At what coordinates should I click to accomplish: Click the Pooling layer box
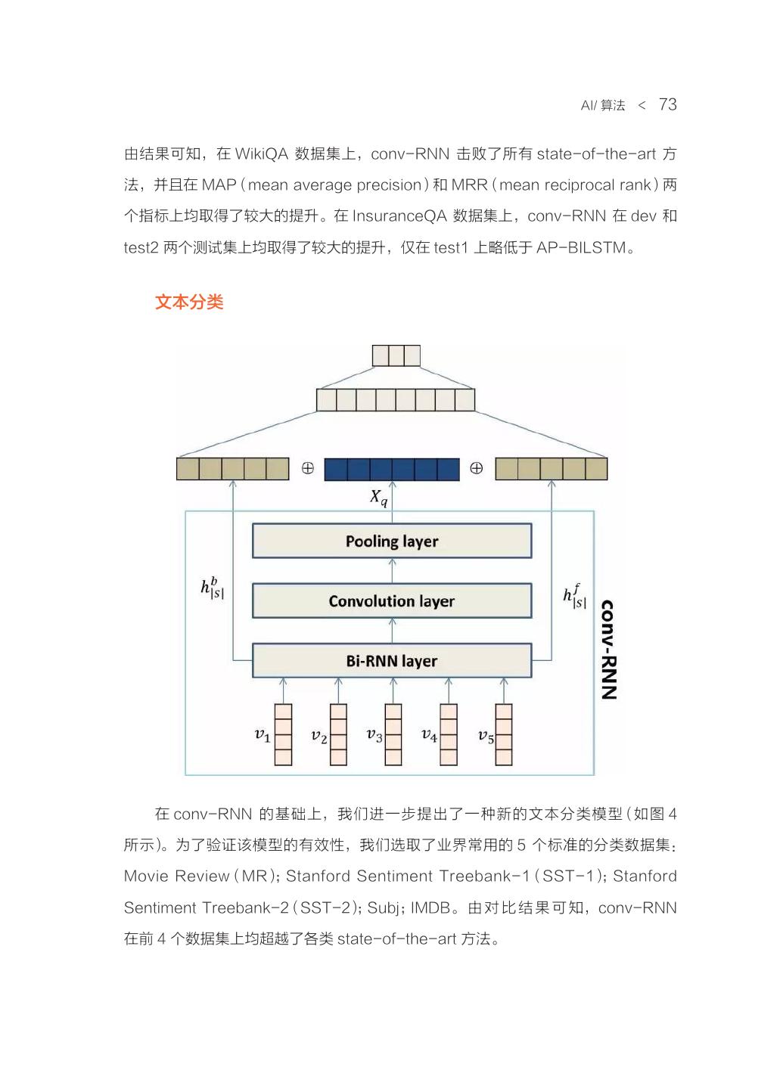(391, 541)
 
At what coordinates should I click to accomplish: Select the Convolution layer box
(391, 600)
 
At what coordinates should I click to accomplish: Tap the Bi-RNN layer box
(391, 660)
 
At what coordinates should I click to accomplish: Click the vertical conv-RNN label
(609, 650)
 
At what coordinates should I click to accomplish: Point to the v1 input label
(262, 735)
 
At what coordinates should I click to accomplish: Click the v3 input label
(374, 735)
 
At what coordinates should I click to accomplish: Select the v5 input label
(486, 736)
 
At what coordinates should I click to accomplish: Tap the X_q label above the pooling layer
(378, 498)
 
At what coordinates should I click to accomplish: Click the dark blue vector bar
(391, 470)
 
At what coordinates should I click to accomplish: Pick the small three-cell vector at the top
(396, 355)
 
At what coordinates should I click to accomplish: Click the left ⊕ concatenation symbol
(307, 468)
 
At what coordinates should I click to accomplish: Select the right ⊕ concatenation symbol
(476, 468)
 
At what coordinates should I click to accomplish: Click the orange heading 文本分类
(189, 302)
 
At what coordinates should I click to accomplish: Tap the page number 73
(667, 104)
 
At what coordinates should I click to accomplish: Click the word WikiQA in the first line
(262, 154)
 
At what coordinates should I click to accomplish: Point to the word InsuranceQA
(399, 216)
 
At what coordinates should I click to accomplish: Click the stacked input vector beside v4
(448, 734)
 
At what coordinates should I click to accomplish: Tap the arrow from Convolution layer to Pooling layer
(392, 570)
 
